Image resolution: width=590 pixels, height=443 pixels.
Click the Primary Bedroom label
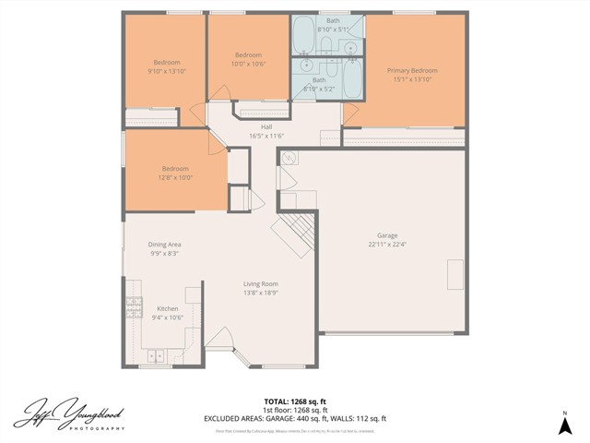411,70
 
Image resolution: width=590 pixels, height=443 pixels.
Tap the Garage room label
386,235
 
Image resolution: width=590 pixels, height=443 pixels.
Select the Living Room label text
261,283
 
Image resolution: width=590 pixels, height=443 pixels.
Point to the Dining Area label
165,244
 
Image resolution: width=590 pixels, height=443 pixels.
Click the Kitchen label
167,308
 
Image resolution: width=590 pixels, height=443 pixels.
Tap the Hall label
266,127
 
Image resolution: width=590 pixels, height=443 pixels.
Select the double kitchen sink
153,353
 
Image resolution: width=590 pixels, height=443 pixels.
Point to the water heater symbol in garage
288,158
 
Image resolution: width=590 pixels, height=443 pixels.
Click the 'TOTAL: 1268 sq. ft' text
295,401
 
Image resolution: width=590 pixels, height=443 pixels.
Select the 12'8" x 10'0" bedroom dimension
175,178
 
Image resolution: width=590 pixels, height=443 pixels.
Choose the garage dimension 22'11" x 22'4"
386,245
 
